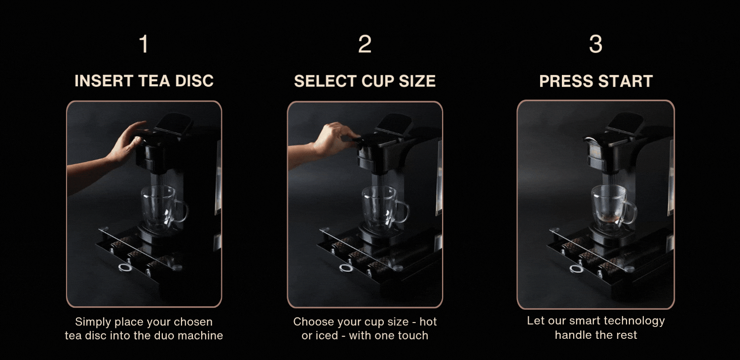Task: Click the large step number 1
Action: [x=144, y=44]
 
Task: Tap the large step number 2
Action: [x=365, y=44]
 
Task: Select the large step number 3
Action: [x=595, y=44]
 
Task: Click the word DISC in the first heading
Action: [x=194, y=81]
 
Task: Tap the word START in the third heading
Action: [x=626, y=81]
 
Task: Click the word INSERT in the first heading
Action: [x=104, y=81]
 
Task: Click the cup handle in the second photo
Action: [x=403, y=212]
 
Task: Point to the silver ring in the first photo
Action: [x=125, y=268]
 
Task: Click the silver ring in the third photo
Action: [x=576, y=269]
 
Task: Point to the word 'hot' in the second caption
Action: [x=428, y=322]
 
